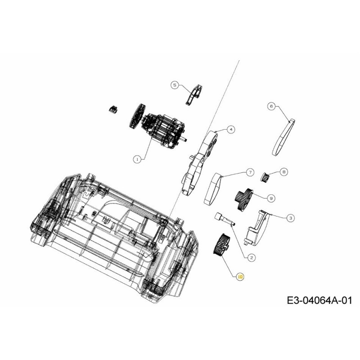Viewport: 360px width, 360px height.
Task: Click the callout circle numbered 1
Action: tap(137, 158)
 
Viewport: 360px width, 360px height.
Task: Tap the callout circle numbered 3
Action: tap(291, 218)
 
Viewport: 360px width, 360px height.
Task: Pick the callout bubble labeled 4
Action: tap(230, 129)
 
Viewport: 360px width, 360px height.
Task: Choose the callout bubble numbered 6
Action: tap(271, 106)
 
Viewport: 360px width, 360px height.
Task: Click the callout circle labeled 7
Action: tap(250, 172)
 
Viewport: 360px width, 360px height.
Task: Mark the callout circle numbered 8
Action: tap(283, 171)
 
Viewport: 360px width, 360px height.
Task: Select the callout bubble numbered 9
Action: tap(271, 197)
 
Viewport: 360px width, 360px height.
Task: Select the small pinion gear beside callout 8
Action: tap(265, 176)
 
